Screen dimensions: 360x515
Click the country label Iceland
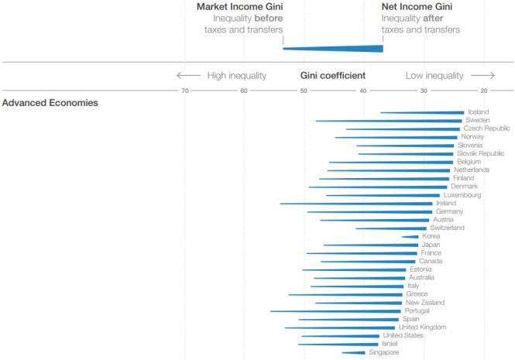coord(479,112)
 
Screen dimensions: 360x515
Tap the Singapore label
coord(384,352)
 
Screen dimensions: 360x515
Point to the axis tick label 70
coord(184,91)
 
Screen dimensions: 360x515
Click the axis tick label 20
coord(484,91)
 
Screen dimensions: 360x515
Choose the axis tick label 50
coord(304,91)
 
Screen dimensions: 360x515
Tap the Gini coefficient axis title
coord(333,76)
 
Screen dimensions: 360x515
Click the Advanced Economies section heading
coord(50,102)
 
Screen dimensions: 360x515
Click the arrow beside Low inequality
coord(482,76)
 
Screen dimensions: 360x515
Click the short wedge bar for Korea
coord(411,237)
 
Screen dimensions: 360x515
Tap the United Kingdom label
coord(422,327)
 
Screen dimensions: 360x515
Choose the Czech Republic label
coord(487,129)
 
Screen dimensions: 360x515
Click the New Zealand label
coord(424,303)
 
